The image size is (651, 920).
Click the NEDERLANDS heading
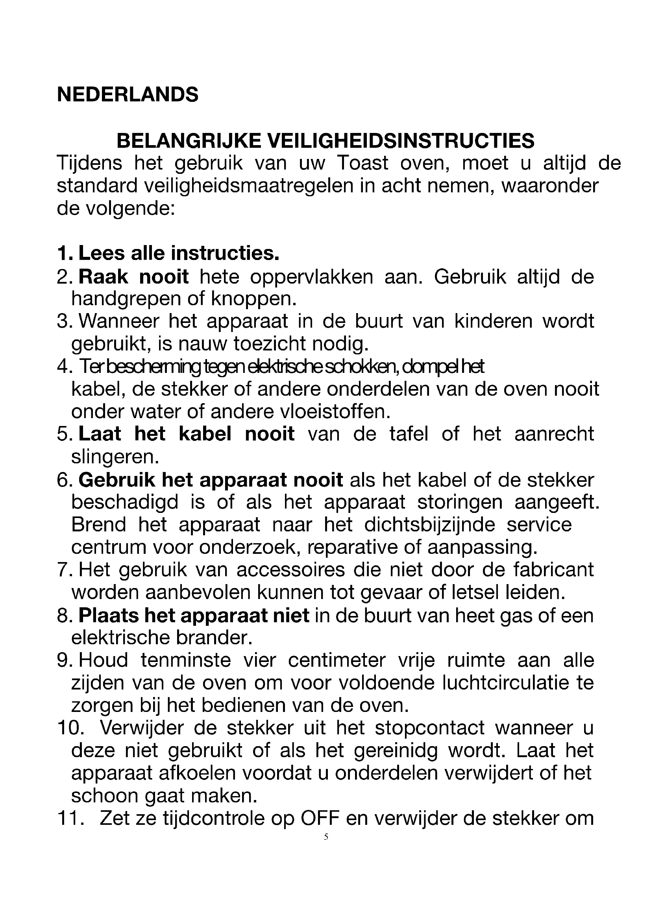pos(128,95)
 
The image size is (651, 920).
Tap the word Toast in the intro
pos(362,164)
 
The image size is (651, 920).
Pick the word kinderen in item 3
pos(493,321)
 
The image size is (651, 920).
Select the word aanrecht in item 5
pos(554,434)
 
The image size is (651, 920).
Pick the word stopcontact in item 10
pos(430,728)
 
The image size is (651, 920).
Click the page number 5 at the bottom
pos(326,837)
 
